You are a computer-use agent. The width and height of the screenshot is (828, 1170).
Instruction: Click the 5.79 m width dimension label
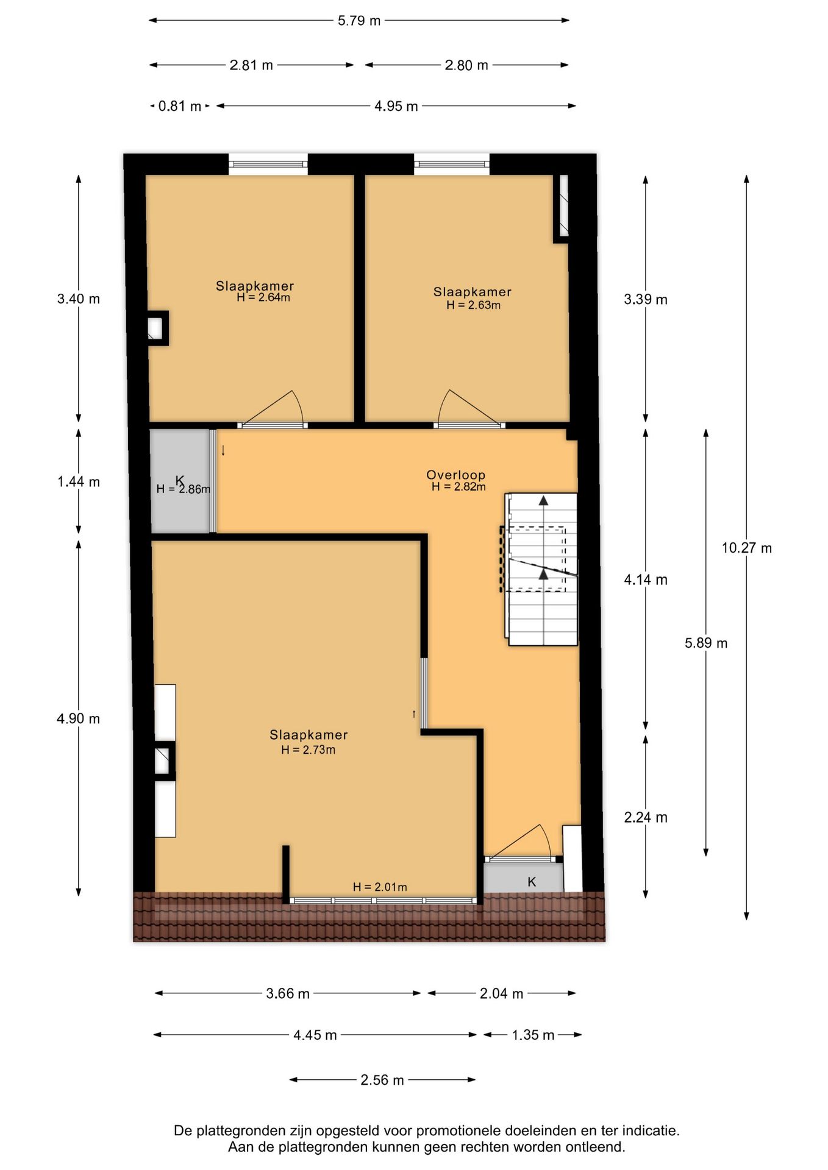(359, 21)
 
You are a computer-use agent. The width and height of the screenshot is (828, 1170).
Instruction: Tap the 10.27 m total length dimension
(746, 548)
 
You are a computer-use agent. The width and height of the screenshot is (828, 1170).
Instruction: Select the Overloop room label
(455, 475)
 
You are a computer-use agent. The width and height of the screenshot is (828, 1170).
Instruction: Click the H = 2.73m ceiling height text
(308, 750)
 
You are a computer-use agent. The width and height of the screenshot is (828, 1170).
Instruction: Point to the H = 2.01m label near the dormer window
(379, 887)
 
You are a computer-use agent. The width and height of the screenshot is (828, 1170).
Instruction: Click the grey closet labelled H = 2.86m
(180, 481)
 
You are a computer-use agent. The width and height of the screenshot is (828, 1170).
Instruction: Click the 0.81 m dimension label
(179, 106)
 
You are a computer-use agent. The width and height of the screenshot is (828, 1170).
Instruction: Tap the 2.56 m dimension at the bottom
(382, 1080)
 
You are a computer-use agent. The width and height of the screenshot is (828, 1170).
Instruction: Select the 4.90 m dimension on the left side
(78, 718)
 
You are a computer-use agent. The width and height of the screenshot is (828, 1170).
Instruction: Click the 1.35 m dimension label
(532, 1035)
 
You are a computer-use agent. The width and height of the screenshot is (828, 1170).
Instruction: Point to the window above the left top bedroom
(268, 164)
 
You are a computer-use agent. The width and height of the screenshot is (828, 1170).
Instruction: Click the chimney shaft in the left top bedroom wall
(156, 328)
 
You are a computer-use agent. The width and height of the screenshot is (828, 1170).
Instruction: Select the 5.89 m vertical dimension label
(705, 643)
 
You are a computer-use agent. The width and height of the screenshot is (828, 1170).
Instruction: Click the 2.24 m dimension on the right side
(645, 817)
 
